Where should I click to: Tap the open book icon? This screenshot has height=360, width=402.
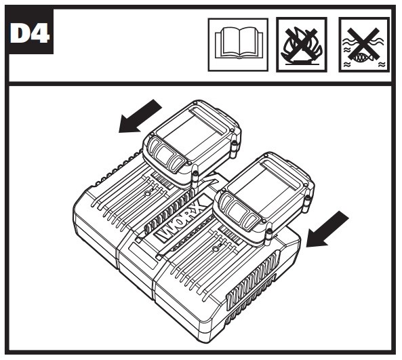pos(238,45)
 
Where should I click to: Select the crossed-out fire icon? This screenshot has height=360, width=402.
pos(302,45)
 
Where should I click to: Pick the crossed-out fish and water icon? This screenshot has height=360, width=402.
pos(364,45)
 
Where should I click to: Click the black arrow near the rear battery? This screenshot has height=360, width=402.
pos(140,116)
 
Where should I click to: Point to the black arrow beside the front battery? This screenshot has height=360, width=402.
pos(327,229)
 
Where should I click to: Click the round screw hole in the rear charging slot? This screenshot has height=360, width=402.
pos(147,194)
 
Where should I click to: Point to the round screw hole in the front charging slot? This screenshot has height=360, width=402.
pos(216,248)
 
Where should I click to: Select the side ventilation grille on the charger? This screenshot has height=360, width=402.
pos(254,279)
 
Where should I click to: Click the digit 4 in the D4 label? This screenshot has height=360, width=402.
pos(39,33)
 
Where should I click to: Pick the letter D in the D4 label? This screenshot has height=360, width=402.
pos(20,33)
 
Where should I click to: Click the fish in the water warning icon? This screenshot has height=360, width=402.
pos(362,58)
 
